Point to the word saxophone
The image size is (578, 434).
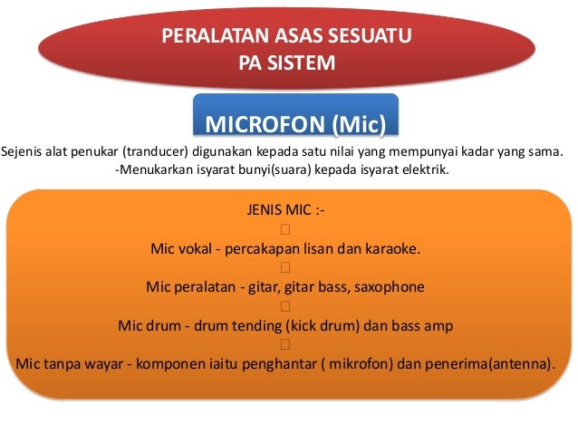point(390,287)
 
